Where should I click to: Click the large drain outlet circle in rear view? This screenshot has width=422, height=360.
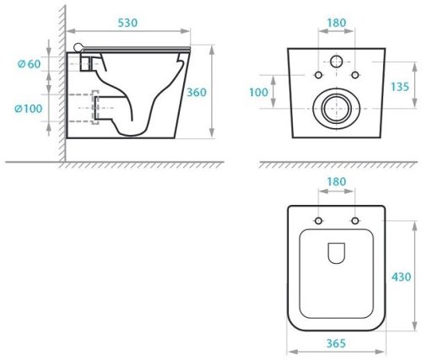336,108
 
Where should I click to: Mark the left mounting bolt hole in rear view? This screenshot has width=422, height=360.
317,71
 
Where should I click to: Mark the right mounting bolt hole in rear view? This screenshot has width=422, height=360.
354,71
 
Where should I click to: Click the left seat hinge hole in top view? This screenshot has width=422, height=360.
318,222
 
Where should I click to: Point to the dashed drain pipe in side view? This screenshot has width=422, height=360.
84,110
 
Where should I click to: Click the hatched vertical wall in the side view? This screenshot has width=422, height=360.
60,84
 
